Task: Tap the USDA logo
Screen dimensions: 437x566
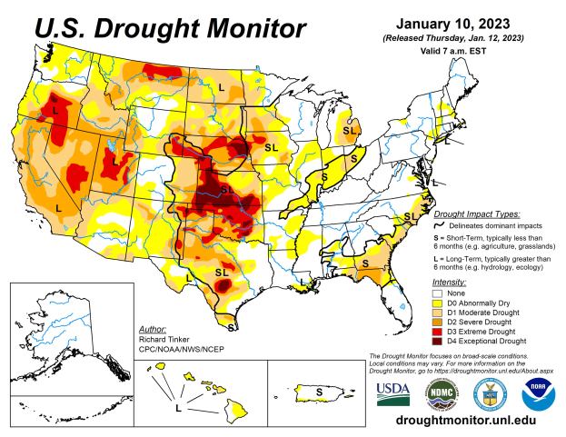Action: (x=393, y=392)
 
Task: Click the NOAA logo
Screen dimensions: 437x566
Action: (x=539, y=392)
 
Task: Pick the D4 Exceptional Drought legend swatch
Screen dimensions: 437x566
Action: (x=438, y=341)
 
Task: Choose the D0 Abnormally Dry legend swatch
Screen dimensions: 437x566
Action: (x=438, y=303)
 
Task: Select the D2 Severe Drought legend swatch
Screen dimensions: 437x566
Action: (x=438, y=322)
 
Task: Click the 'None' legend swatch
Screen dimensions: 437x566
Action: (x=438, y=293)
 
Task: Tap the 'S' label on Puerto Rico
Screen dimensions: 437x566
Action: (x=319, y=392)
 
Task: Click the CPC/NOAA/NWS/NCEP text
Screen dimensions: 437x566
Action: (x=181, y=348)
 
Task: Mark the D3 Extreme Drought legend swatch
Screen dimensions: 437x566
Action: (x=438, y=332)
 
